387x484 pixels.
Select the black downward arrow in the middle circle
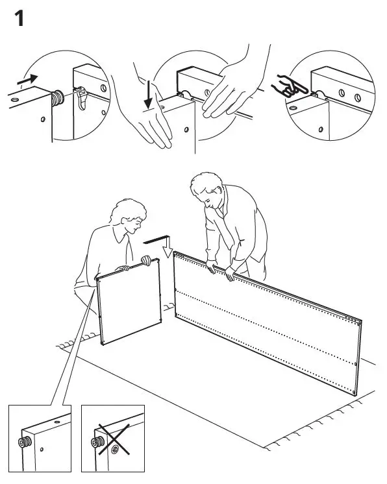149,93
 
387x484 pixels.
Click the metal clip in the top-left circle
81,99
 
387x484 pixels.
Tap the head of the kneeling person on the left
129,217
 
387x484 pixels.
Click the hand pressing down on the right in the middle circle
224,91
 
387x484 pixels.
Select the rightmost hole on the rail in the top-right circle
357,99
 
